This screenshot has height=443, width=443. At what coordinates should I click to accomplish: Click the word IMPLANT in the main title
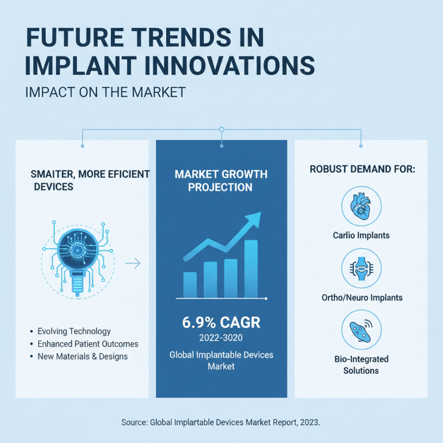(80, 65)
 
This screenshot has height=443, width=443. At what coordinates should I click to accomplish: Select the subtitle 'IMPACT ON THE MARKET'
(105, 92)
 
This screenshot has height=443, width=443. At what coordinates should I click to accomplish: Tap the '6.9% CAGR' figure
(221, 322)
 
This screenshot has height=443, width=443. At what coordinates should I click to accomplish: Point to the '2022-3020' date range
(221, 337)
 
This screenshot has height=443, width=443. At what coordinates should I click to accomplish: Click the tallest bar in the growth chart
(251, 269)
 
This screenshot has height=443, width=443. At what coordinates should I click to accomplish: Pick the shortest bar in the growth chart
(190, 285)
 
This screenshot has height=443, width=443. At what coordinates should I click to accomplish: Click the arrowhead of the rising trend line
(254, 219)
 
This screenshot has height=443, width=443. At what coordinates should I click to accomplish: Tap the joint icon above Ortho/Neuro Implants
(362, 268)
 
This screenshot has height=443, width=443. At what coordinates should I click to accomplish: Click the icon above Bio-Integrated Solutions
(362, 329)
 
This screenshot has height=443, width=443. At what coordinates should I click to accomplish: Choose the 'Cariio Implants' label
(362, 235)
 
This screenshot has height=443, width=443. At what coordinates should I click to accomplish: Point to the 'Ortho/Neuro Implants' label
(362, 298)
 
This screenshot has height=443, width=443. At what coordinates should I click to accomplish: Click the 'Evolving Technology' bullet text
(74, 331)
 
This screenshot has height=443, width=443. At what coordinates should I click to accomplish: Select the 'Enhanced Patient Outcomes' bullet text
(88, 344)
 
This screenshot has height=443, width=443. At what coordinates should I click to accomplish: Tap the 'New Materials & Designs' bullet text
(83, 357)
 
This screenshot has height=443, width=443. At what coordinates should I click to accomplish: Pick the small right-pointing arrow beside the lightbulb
(133, 264)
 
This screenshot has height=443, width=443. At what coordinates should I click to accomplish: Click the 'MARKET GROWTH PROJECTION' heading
(221, 181)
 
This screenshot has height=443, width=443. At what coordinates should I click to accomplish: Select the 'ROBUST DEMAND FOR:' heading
(362, 169)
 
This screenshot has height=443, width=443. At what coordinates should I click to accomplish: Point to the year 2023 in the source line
(310, 423)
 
